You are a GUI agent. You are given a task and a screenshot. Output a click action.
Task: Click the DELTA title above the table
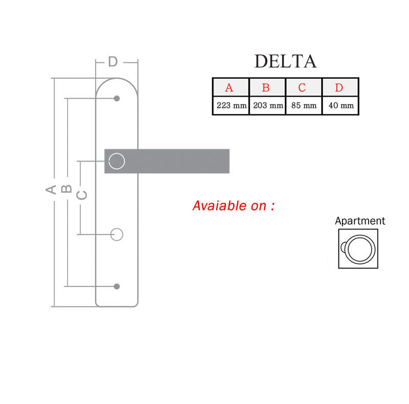coord(285,61)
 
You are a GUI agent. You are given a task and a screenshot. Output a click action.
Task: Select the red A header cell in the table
coord(231,87)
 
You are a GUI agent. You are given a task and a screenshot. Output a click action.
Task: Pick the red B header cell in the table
coord(267,87)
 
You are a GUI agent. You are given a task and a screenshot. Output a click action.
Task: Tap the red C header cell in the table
coord(304,87)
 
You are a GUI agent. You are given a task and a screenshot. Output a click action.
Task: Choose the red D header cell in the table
coord(340,87)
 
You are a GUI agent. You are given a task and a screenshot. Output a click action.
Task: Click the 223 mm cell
coord(231,105)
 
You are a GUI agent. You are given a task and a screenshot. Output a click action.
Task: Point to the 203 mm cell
coord(267,105)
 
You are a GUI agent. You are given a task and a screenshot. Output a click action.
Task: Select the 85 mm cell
coord(304,105)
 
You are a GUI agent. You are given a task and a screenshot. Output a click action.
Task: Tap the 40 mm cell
coord(340,105)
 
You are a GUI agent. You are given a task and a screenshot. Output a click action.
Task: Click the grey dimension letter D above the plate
coord(112,62)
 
